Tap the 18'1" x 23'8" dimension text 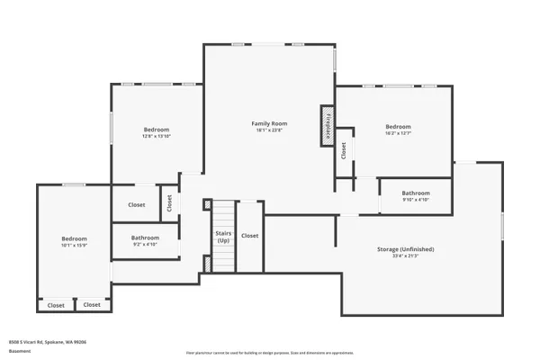(x=268, y=130)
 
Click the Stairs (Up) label (x=222, y=238)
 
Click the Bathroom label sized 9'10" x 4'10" (x=416, y=193)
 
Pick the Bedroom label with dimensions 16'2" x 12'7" (x=398, y=127)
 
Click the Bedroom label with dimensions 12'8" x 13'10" (x=156, y=130)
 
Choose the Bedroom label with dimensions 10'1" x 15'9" (x=74, y=238)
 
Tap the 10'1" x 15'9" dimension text (x=74, y=246)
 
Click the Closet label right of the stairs (x=249, y=236)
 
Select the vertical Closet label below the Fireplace (x=344, y=151)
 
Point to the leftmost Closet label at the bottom (x=56, y=305)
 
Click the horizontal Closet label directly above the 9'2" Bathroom (x=136, y=205)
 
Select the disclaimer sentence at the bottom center (x=270, y=352)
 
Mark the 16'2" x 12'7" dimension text (x=398, y=134)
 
